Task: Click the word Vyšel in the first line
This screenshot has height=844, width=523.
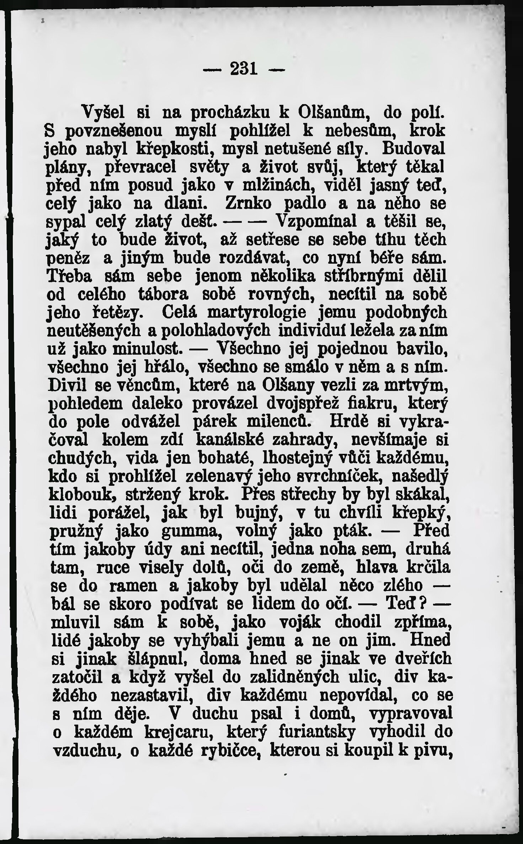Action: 103,113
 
